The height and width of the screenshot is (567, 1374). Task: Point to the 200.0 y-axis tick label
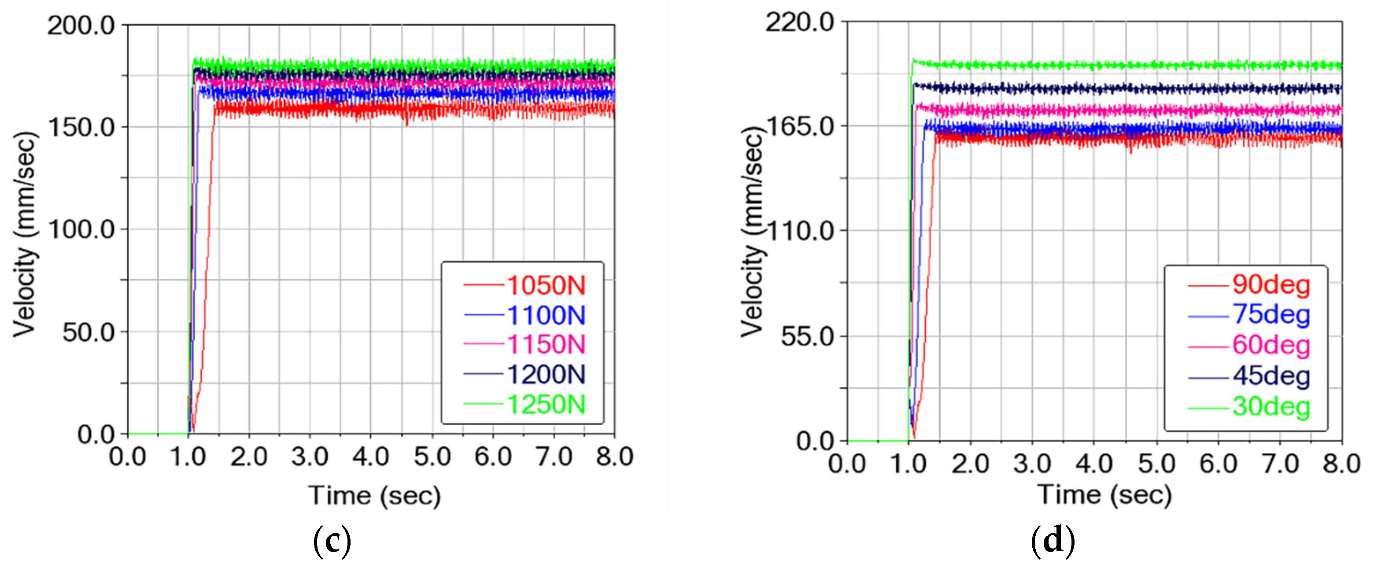point(81,26)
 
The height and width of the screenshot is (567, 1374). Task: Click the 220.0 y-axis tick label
point(800,22)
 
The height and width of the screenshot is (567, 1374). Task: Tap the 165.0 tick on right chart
point(800,127)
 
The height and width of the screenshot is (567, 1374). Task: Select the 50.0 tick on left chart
point(89,332)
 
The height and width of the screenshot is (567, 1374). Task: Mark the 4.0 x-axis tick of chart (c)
point(371,457)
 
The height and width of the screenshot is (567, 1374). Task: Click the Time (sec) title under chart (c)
point(374,496)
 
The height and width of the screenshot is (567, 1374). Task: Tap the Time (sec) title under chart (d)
point(1104,495)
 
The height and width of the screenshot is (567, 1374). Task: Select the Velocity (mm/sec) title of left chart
point(25,235)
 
